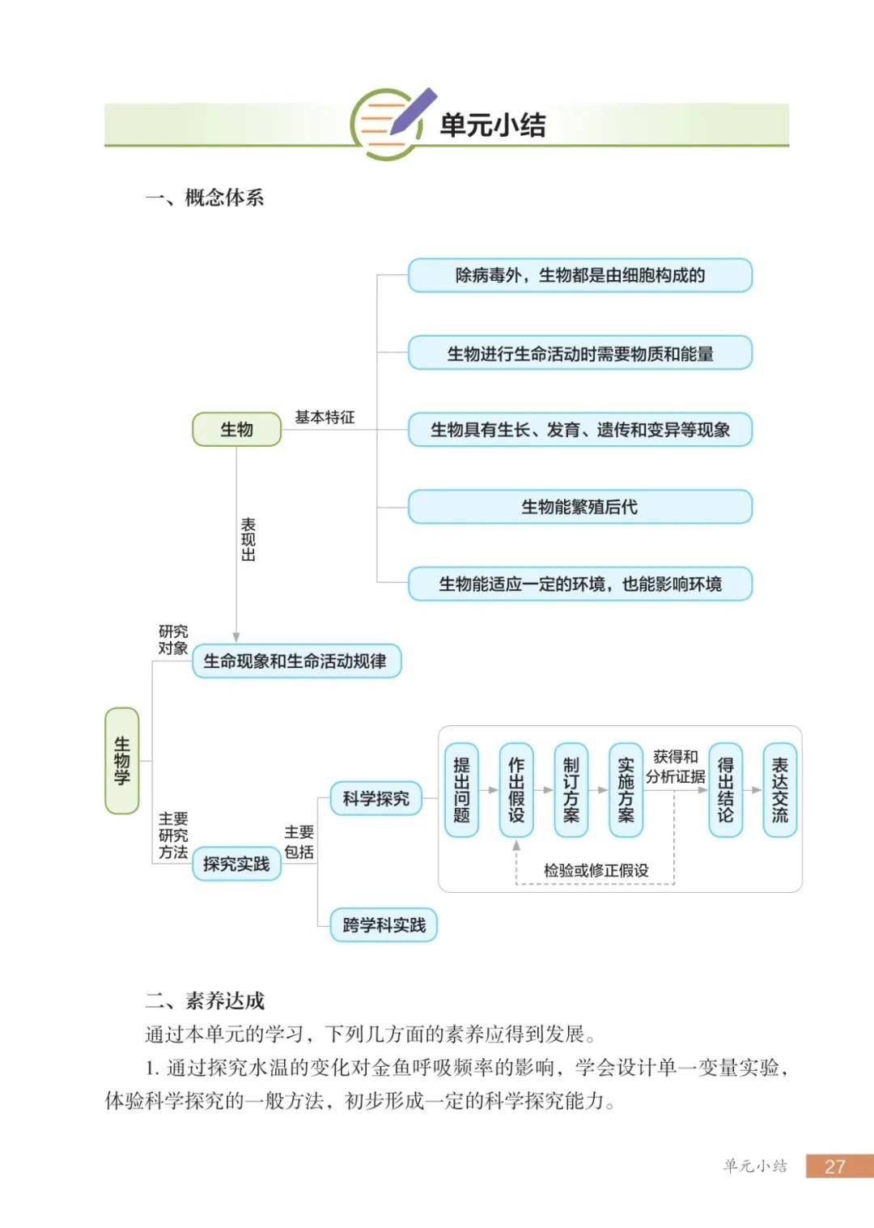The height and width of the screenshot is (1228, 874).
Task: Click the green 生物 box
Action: (x=237, y=429)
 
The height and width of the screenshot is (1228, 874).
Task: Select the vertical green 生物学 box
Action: (x=121, y=760)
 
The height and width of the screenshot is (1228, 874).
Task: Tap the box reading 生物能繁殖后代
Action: (x=579, y=507)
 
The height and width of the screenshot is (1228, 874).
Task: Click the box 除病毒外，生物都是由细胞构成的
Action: (x=579, y=275)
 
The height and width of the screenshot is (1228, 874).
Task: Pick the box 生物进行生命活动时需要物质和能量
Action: (x=579, y=352)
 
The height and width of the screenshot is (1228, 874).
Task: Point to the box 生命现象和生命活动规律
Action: (x=296, y=661)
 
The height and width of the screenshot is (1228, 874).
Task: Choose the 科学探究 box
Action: (x=376, y=798)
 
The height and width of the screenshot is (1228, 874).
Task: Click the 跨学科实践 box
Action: (x=384, y=924)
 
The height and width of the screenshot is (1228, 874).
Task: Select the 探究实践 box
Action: (x=236, y=864)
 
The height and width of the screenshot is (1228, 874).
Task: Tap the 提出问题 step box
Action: (x=461, y=790)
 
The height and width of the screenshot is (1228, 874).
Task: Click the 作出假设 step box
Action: (x=516, y=790)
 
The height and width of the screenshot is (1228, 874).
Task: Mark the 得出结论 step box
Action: (x=726, y=790)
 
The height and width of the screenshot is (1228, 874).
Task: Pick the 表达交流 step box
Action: (x=780, y=790)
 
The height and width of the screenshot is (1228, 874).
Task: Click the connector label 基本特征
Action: (x=325, y=417)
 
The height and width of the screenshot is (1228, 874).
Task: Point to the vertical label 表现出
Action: (x=248, y=539)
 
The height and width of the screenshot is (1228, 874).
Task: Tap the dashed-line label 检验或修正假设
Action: (x=596, y=870)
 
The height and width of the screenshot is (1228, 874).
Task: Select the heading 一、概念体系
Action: (x=205, y=198)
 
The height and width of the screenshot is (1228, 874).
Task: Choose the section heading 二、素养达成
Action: (x=205, y=1001)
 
